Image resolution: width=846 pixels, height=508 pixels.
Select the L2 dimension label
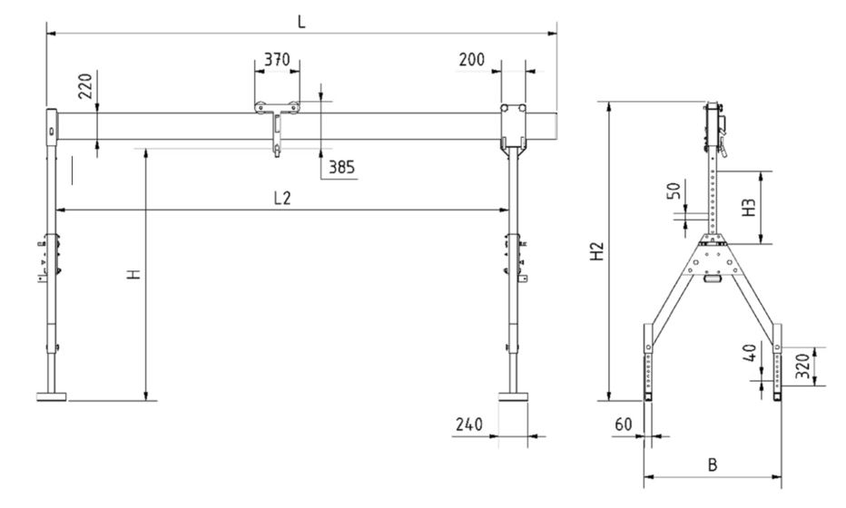282,198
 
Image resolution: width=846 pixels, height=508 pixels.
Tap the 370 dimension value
276,60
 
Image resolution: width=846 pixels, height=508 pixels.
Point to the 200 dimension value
471,60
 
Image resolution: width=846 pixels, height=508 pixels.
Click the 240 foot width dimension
468,424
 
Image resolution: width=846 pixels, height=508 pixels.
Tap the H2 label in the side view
596,251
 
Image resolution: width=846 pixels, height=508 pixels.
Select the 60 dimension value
623,424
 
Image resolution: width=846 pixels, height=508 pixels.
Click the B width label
713,464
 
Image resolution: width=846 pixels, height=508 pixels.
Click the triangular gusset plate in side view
713,259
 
